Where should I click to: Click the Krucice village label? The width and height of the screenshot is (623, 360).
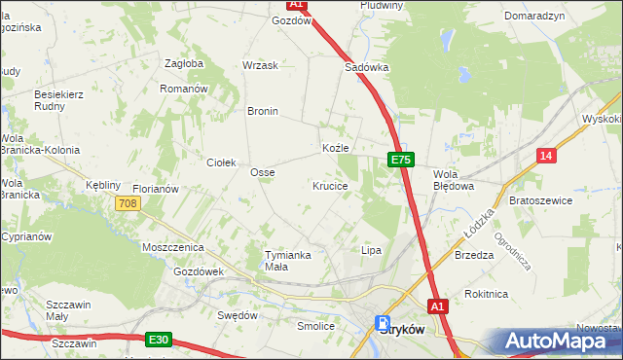click(330, 185)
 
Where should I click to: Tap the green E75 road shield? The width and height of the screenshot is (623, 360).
click(401, 159)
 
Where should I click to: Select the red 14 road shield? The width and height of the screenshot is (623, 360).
click(547, 156)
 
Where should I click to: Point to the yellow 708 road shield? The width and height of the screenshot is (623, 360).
click(128, 203)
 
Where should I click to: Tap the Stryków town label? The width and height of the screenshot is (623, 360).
click(401, 329)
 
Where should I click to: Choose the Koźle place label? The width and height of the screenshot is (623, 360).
click(335, 148)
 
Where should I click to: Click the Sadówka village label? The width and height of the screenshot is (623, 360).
click(367, 68)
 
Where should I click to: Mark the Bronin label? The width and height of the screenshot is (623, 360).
click(263, 111)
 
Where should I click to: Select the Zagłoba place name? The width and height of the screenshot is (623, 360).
click(184, 64)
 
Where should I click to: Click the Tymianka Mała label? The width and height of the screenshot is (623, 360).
click(288, 261)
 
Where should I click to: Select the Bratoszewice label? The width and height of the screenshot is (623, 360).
click(540, 200)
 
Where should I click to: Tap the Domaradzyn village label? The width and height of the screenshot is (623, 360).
click(534, 17)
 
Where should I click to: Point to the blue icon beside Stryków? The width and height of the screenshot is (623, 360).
click(382, 323)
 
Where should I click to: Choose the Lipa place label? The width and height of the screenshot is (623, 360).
click(371, 250)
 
